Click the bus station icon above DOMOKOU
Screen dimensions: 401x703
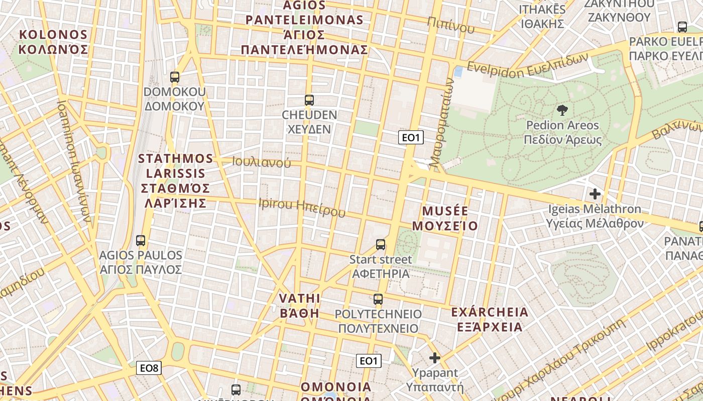click(175, 77)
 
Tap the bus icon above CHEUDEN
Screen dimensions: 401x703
click(309, 100)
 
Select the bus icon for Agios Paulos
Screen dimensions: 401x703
click(141, 241)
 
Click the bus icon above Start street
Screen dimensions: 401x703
click(381, 245)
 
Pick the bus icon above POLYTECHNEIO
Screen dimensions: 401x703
click(378, 299)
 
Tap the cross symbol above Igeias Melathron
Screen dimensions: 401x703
click(595, 193)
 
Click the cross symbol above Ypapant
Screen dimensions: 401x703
click(435, 358)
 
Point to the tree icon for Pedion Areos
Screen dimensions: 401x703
click(562, 110)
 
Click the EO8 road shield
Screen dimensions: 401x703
click(149, 368)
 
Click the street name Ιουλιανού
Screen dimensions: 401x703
click(262, 162)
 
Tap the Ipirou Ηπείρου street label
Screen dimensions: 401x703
click(302, 207)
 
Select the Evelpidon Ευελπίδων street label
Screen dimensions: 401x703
click(527, 65)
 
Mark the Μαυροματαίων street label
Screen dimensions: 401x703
click(442, 123)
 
